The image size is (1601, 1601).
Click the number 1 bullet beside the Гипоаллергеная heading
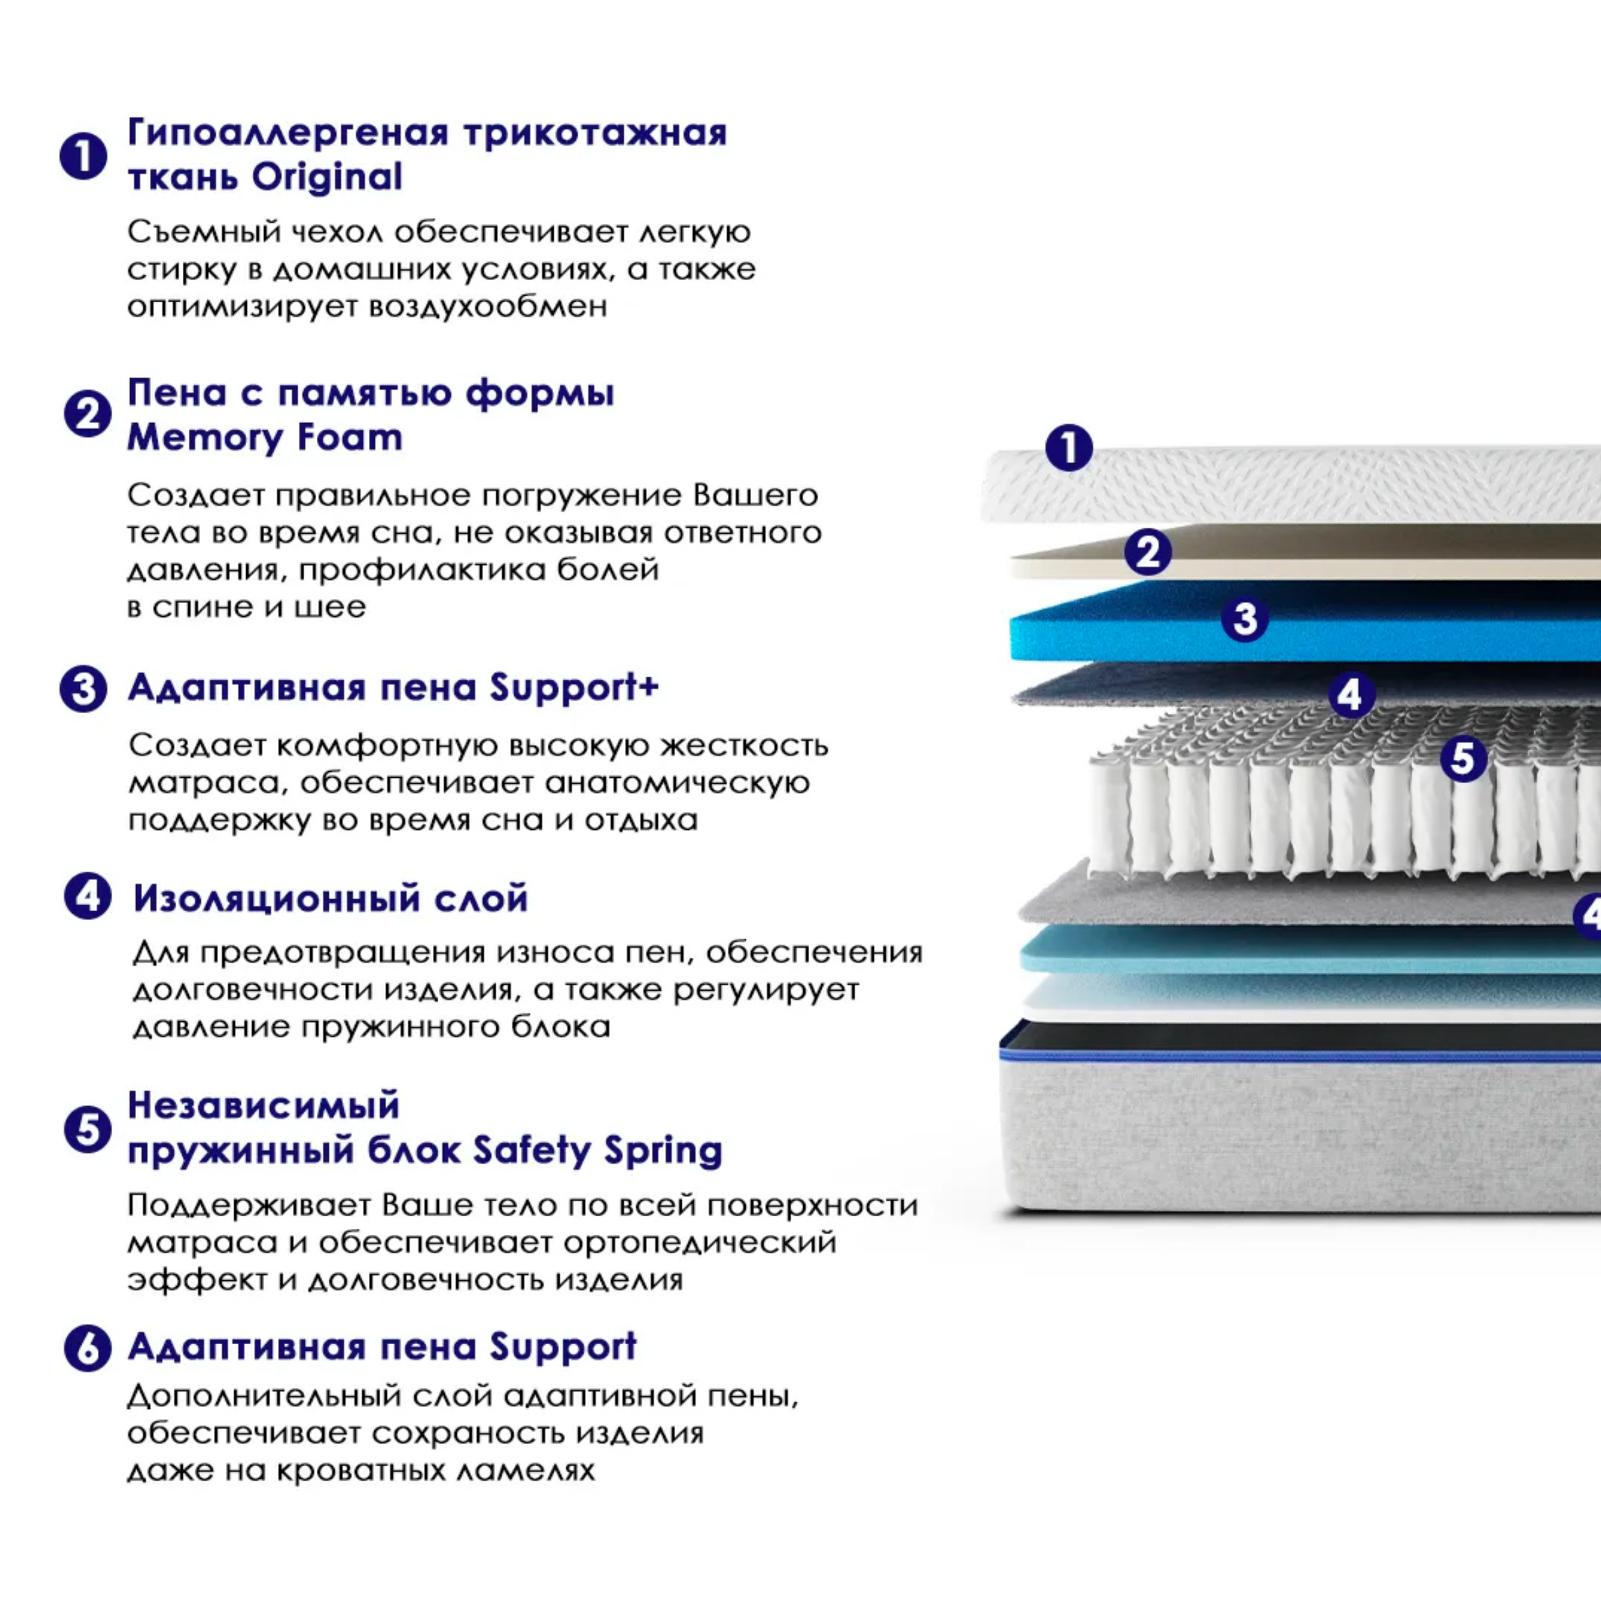coord(83,156)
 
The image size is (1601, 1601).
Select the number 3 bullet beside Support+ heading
coord(83,688)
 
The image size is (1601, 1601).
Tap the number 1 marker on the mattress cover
coord(1069,448)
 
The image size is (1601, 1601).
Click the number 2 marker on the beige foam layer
coord(1147,552)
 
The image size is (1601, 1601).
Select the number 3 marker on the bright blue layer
coord(1245,618)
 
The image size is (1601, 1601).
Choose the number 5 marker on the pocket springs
coord(1464,758)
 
